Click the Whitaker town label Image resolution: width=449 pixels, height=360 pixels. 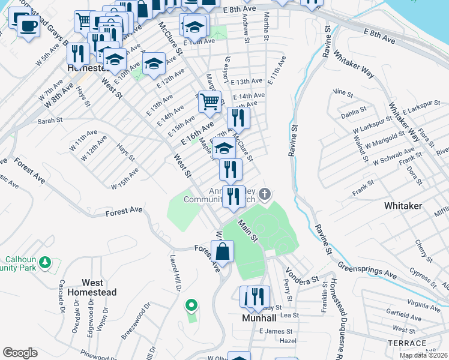[403, 206]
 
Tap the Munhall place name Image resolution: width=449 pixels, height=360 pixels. [259, 318]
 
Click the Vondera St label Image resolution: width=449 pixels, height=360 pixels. [301, 276]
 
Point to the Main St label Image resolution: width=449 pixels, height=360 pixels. [248, 229]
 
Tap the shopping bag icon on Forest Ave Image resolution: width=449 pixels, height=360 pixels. [222, 251]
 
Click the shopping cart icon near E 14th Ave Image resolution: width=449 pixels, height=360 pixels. [209, 102]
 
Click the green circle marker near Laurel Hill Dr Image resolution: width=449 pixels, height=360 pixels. [191, 307]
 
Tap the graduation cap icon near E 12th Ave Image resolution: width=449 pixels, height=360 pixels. [154, 64]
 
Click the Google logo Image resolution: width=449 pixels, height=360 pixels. [20, 353]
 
